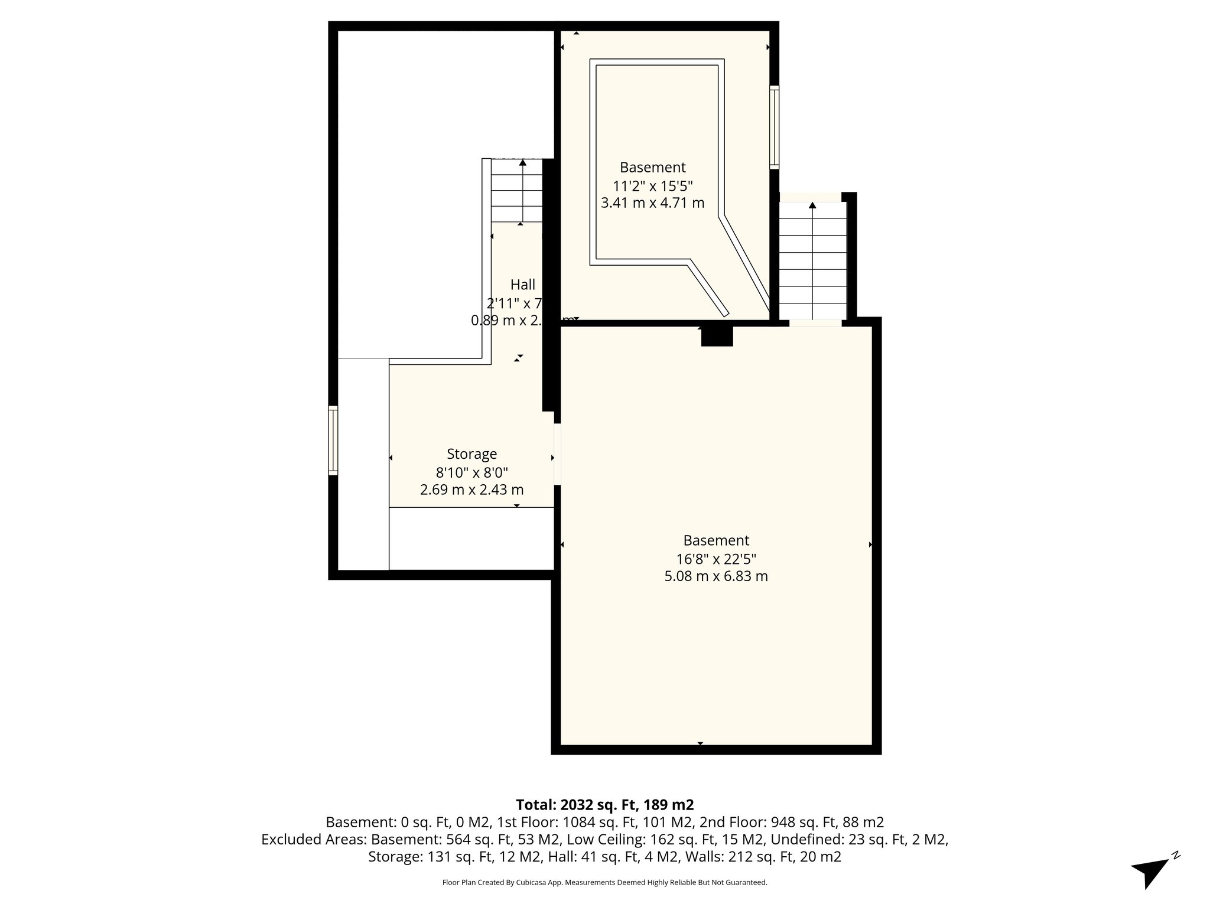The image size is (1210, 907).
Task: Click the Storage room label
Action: point(471,454)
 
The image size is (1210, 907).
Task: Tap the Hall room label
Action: point(523,285)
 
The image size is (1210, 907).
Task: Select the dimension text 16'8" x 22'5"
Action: point(716,559)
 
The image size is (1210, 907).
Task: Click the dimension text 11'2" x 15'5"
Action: point(652,186)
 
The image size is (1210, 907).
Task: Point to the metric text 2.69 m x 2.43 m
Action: point(471,490)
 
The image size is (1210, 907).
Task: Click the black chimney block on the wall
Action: point(717,336)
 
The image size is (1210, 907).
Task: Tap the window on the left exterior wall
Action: point(333,441)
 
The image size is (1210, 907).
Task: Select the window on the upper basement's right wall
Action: point(774,127)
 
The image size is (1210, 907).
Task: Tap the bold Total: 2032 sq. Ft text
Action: point(604,805)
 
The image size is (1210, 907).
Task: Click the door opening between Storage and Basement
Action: point(557,455)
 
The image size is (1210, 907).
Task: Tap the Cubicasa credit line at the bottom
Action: point(604,883)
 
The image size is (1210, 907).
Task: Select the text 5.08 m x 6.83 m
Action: point(716,576)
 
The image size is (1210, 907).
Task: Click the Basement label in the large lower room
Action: point(716,540)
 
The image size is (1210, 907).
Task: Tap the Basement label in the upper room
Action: point(652,167)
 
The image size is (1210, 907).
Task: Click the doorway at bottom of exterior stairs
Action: point(815,322)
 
